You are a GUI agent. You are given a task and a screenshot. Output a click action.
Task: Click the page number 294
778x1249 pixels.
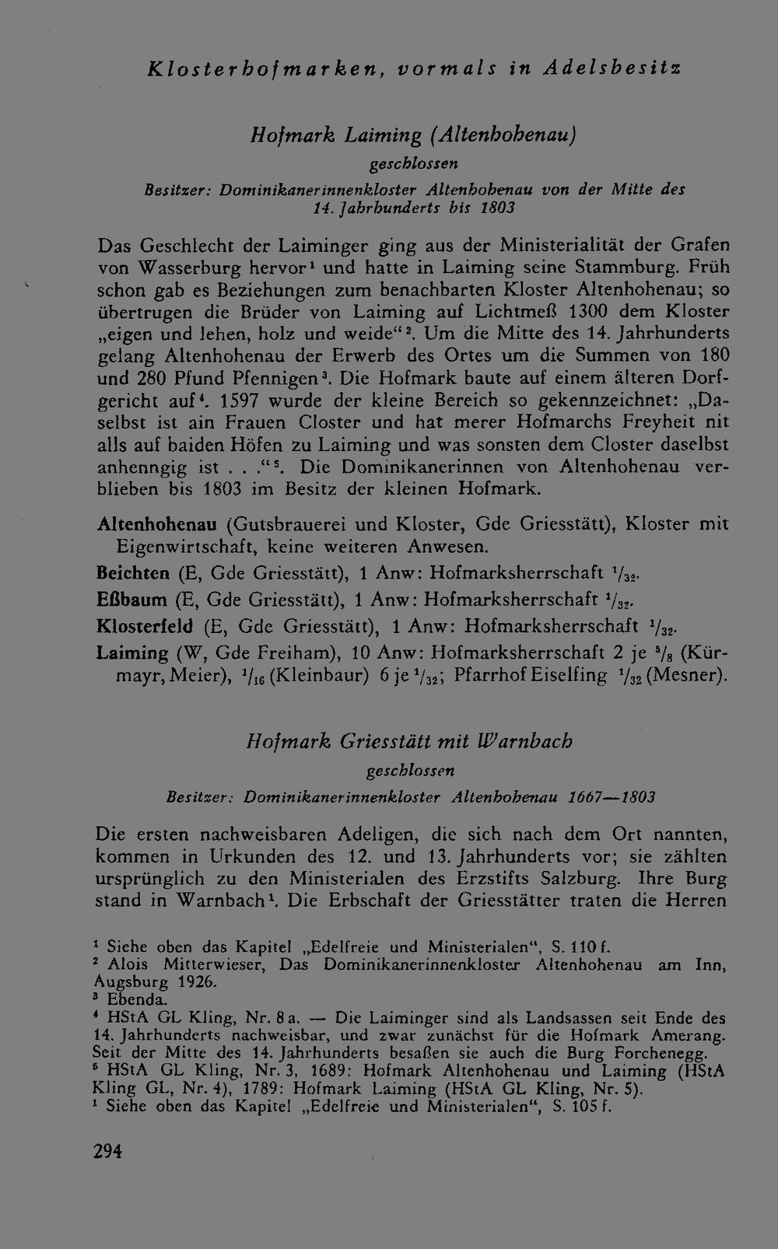coord(108,1151)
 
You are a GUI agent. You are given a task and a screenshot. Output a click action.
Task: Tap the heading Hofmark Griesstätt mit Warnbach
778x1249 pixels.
coord(409,741)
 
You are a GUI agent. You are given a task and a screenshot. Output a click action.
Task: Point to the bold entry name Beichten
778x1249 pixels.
coord(133,573)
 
